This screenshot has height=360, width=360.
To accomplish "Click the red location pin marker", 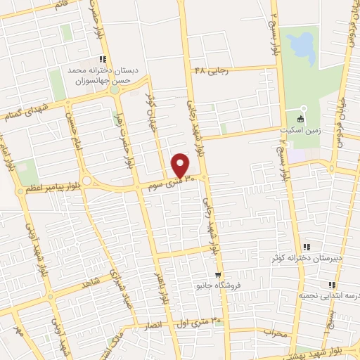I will pos(181,165).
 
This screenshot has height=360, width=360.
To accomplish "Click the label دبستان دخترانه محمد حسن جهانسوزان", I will pos(98,76).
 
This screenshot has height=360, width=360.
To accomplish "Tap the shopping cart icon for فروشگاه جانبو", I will pos(218,275).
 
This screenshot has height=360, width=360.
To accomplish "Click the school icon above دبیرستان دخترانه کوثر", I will pos(307,247).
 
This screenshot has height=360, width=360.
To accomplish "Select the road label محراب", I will pos(276,333).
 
